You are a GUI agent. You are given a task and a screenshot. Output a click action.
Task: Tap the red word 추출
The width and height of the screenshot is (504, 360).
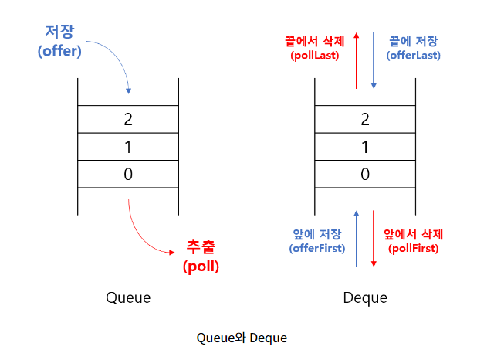[201, 248]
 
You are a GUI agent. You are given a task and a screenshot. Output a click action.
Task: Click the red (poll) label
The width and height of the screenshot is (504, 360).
[201, 267]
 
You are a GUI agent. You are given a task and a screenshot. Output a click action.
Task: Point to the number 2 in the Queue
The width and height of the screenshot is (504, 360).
[128, 119]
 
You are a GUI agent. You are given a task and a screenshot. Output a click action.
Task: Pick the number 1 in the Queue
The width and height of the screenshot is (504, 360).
[128, 147]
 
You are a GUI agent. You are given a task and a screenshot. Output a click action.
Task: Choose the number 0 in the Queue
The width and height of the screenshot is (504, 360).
[128, 175]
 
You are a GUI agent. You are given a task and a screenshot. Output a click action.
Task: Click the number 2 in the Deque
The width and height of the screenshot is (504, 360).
[365, 119]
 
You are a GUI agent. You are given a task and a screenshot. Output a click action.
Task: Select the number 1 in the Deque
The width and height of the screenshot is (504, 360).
[365, 147]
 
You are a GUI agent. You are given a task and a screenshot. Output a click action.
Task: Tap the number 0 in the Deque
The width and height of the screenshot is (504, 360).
[365, 175]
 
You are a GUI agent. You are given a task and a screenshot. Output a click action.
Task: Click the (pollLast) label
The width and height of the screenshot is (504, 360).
[316, 56]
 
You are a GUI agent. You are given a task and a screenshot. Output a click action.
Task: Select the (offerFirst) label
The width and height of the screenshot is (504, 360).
[316, 248]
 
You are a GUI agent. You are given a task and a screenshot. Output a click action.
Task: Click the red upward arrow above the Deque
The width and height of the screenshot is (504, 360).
[357, 60]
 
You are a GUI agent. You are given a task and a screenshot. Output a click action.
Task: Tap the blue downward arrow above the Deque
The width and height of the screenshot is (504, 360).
[374, 60]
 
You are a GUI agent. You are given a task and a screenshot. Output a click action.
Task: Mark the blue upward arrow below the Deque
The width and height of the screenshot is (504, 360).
[357, 238]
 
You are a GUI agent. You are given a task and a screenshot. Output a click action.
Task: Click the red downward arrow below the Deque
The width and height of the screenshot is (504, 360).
[374, 238]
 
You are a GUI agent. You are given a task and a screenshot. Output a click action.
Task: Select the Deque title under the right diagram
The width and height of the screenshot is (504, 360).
[365, 297]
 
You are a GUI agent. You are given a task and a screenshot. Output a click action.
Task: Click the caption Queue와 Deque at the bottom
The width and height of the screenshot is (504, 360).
[242, 338]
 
